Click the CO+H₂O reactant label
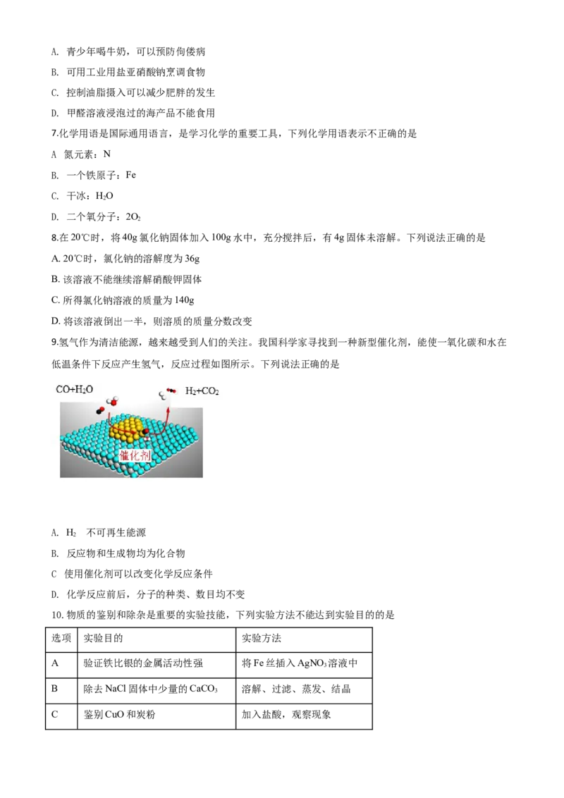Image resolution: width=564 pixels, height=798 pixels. (74, 389)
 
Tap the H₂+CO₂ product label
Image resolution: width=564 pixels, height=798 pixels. (202, 391)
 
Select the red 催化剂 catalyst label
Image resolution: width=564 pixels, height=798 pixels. (135, 455)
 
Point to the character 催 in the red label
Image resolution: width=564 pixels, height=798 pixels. (125, 455)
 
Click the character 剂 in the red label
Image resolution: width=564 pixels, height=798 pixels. (145, 455)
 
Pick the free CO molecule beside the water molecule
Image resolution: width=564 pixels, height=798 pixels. (100, 410)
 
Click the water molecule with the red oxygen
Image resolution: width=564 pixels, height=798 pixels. (112, 402)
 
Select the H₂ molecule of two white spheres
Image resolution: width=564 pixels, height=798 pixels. (162, 396)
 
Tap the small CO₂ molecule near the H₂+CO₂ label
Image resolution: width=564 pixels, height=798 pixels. (171, 389)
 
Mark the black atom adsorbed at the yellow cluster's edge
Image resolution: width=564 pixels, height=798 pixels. (145, 431)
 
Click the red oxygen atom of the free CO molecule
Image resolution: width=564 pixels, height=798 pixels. (102, 407)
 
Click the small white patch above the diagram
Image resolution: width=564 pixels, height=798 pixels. (59, 152)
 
